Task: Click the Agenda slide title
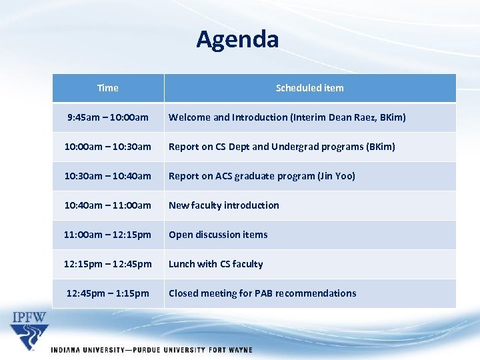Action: (237, 40)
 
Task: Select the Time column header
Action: (108, 88)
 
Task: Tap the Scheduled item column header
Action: (309, 88)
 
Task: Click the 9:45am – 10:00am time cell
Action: (108, 117)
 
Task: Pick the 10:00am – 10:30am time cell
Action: (108, 147)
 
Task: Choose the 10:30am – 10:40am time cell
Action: (108, 176)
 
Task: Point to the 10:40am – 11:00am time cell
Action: (108, 205)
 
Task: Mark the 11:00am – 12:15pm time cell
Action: (108, 235)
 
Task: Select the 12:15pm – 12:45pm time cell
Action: (108, 264)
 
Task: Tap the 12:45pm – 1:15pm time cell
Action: (108, 293)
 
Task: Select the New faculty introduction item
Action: (223, 205)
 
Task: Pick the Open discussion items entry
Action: (218, 235)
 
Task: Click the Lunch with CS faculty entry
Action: (215, 264)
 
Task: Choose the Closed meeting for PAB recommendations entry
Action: (262, 293)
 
